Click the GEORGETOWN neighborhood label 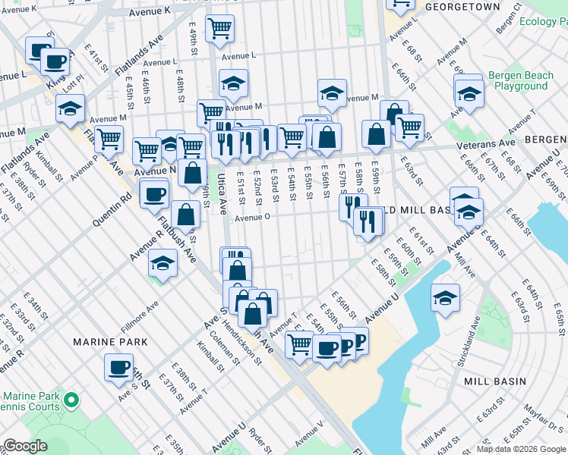point(462,7)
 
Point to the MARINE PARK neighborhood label point(104,342)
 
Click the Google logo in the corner point(25,446)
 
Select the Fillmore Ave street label point(140,318)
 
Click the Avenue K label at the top point(149,12)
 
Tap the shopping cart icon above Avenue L point(219,29)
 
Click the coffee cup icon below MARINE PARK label point(118,367)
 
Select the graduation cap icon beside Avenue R point(163,264)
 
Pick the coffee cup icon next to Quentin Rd point(154,193)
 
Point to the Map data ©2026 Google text point(521,449)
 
